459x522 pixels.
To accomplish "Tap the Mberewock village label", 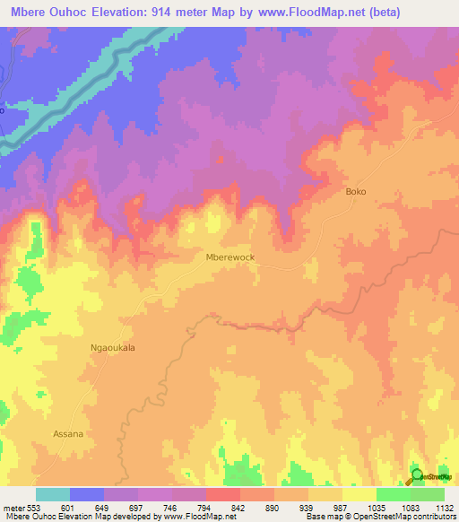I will point(230,257).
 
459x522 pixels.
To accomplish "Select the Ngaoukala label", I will point(113,348).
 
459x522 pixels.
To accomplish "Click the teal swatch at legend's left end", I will point(53,494).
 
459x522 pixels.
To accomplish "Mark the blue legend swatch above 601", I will point(87,494).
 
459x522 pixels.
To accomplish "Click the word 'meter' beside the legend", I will point(13,507).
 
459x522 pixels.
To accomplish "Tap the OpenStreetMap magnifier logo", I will point(417,475).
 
